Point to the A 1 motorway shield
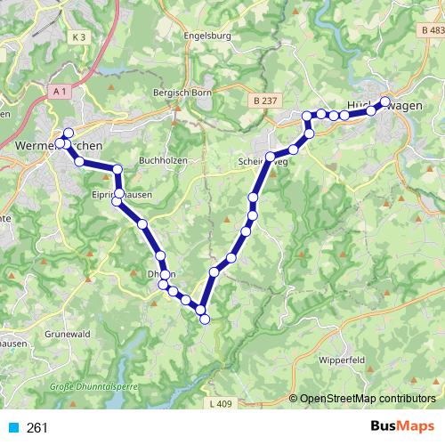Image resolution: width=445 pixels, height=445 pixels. pos(60,92)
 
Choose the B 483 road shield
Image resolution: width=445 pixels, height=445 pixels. pos(432,31)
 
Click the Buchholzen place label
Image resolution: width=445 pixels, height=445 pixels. pos(161,161)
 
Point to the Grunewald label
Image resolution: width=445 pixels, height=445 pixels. pos(64,334)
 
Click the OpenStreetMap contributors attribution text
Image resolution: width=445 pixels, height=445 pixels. pos(367,399)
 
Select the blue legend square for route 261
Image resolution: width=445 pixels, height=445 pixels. pos(12,428)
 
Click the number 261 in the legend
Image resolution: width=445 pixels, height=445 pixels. pos(38,428)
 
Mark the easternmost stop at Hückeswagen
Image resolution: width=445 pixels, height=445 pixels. pos(385,101)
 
